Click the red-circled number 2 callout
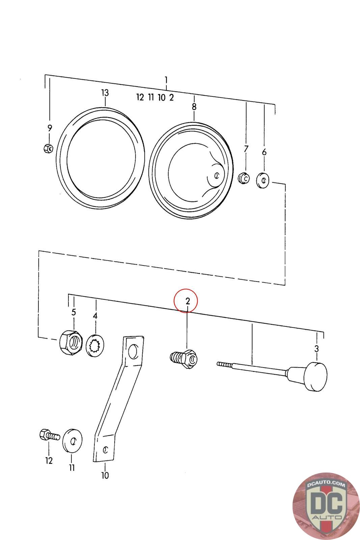(188, 300)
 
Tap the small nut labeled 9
(48, 148)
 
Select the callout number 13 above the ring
(105, 92)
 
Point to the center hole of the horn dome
(217, 175)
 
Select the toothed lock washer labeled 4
(95, 346)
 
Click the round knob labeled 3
(315, 376)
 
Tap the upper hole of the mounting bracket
(134, 351)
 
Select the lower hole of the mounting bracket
(106, 449)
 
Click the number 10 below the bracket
(105, 476)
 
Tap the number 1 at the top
(166, 80)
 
